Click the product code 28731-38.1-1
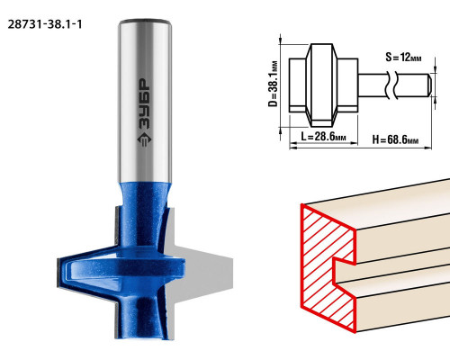[x=45, y=24]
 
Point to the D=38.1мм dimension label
[x=273, y=84]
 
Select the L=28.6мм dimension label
[x=323, y=137]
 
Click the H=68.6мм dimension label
[x=395, y=139]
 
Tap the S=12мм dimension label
[x=403, y=57]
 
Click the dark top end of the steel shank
[x=145, y=22]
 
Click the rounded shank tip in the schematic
[x=429, y=85]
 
